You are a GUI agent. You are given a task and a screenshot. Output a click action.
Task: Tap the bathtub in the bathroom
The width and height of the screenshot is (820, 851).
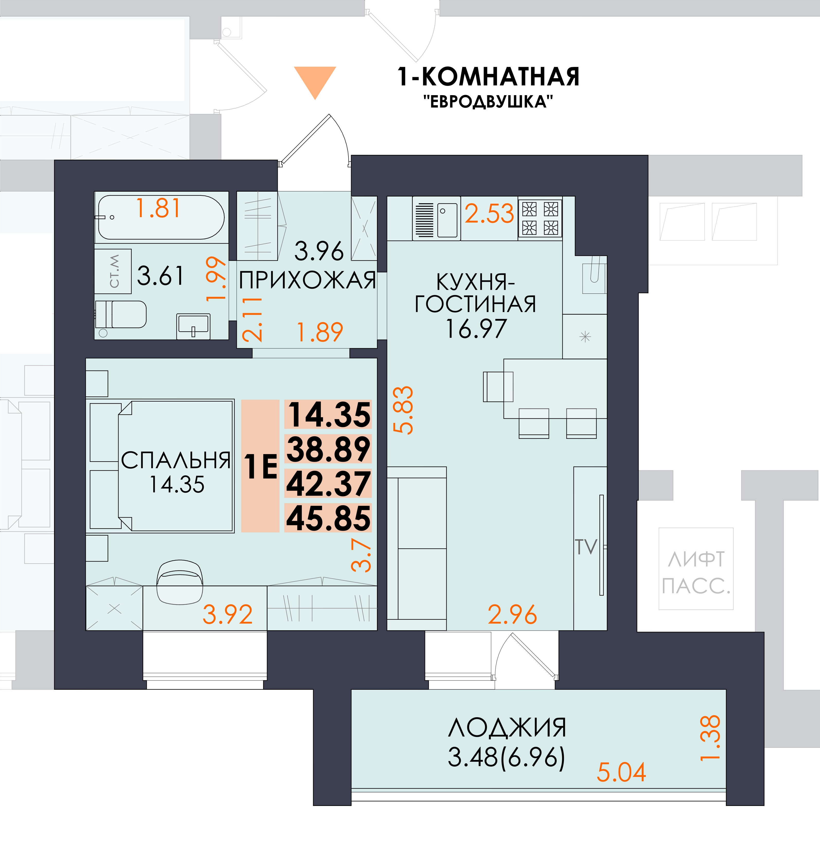[x=161, y=217]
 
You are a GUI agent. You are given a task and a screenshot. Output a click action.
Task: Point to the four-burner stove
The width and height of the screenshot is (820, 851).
[x=540, y=218]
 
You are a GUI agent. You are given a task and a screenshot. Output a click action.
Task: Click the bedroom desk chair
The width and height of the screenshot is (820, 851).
[x=180, y=582]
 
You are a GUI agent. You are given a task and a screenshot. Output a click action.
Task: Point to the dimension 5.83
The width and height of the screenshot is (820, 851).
[x=403, y=410]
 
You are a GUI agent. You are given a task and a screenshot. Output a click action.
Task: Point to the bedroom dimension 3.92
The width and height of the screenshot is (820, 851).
[x=228, y=614]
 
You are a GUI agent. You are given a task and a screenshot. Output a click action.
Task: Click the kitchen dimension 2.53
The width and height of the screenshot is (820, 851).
[x=489, y=214]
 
